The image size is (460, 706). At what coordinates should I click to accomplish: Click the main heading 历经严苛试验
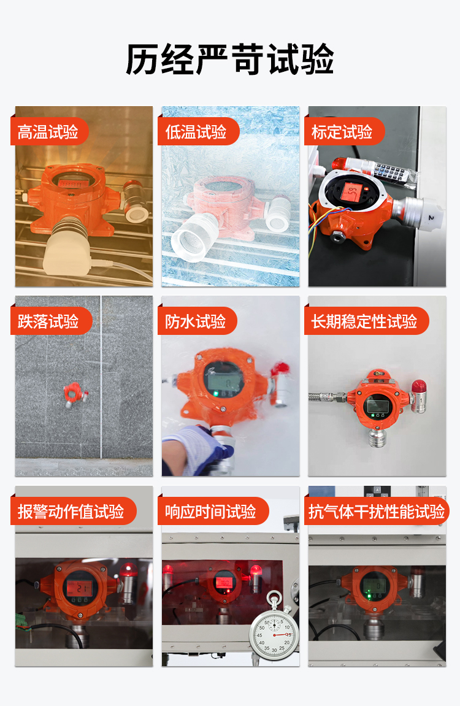(x=230, y=59)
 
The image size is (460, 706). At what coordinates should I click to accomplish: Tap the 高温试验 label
(x=48, y=132)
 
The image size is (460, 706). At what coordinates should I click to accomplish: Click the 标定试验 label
(x=342, y=132)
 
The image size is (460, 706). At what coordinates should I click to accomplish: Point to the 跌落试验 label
(x=48, y=321)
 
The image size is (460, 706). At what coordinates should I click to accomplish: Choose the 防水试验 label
(x=196, y=321)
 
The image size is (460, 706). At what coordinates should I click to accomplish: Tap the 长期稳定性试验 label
(x=364, y=321)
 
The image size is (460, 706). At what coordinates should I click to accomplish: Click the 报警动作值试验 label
(x=71, y=512)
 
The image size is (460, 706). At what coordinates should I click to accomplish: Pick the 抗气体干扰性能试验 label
(x=377, y=512)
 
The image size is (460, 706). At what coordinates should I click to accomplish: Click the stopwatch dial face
(x=274, y=632)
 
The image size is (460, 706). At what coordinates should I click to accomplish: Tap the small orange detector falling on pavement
(x=74, y=394)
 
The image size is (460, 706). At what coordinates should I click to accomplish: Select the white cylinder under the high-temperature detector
(x=67, y=248)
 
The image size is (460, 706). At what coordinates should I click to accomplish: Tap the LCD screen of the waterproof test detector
(x=221, y=384)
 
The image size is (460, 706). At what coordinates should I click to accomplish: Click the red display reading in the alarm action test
(x=79, y=587)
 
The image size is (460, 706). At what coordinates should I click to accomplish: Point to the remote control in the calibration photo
(x=393, y=171)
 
